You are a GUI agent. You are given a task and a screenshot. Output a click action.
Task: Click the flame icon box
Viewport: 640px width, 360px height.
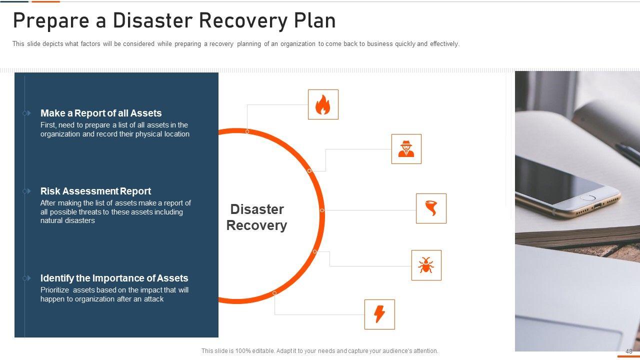(323, 104)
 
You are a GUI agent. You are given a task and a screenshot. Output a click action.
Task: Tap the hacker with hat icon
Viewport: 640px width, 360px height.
(406, 149)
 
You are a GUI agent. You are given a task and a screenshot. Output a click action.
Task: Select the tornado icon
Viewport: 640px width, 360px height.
(431, 208)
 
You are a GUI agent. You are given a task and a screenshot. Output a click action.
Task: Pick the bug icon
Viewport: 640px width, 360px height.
(426, 265)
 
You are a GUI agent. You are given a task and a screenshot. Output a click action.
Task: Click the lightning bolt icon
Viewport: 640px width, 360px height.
(379, 314)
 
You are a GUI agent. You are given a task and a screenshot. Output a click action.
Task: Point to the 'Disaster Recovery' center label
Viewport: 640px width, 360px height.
(256, 217)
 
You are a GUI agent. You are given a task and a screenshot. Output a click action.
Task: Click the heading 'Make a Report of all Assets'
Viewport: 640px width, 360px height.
(101, 113)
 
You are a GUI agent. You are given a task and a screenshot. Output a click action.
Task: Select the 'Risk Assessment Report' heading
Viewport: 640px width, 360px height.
(95, 191)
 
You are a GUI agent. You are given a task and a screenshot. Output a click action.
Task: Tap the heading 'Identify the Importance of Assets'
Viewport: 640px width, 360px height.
(114, 278)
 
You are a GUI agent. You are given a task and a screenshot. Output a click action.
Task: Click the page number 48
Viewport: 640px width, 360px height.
(628, 351)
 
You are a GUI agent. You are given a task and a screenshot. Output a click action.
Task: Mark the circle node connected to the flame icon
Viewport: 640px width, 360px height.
(247, 131)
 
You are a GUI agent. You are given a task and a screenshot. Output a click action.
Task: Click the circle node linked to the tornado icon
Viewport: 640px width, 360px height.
(322, 210)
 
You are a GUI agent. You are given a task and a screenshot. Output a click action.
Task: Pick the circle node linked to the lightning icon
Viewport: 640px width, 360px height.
(274, 293)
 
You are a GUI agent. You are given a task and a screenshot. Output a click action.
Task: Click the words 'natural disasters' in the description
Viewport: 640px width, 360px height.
(67, 220)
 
